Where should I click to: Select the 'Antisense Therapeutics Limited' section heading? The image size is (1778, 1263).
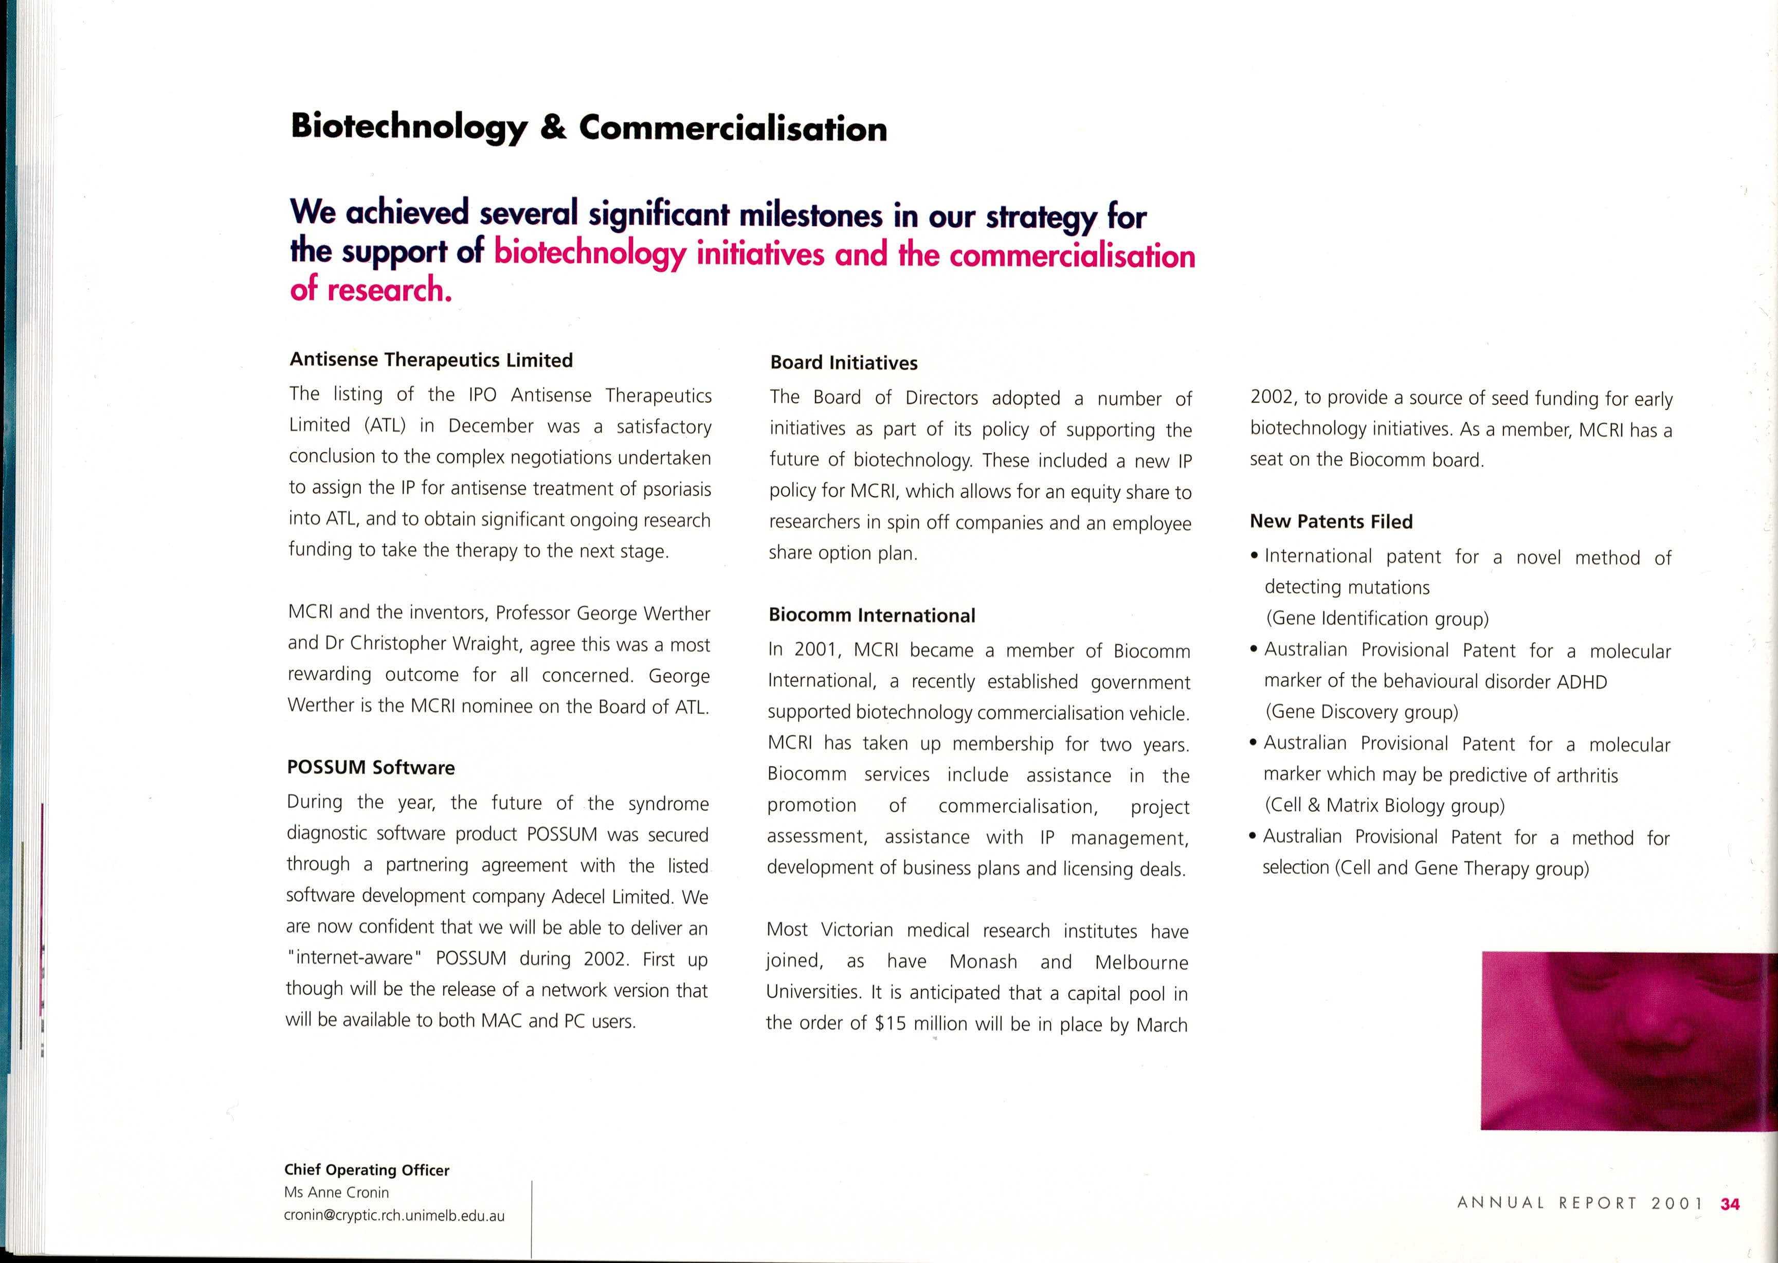point(431,360)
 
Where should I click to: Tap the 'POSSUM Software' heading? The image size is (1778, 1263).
point(371,768)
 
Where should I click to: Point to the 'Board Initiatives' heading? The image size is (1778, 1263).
point(844,363)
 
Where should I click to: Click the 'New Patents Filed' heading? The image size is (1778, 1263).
point(1331,522)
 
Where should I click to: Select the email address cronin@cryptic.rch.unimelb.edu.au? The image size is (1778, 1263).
point(394,1216)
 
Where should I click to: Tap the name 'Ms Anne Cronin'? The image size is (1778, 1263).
point(337,1192)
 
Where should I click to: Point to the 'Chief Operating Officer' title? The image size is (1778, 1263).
point(367,1170)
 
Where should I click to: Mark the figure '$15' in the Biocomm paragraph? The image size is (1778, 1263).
point(890,1023)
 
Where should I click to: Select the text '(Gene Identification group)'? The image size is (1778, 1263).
point(1377,619)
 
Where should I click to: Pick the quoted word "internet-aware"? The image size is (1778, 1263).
point(354,958)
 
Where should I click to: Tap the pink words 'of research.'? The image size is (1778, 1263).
point(371,290)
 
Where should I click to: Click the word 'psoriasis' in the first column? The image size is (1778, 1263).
point(676,489)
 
